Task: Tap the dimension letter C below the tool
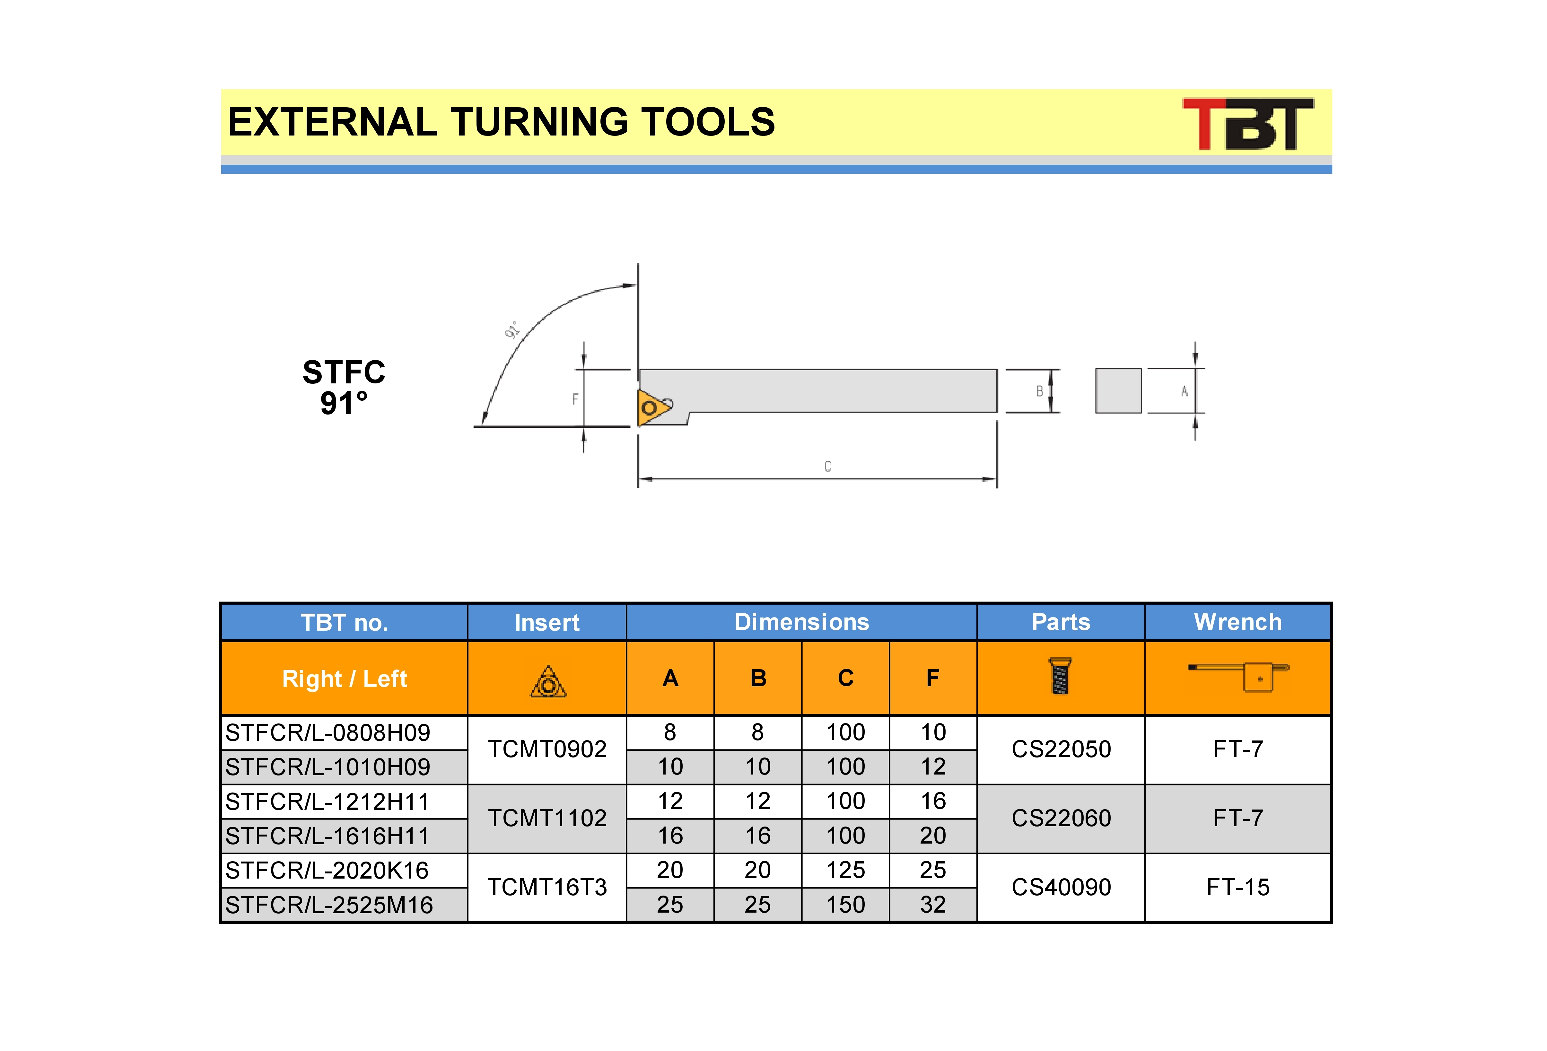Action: (x=827, y=466)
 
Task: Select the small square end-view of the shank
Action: (x=1118, y=391)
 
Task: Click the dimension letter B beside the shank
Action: (x=1040, y=391)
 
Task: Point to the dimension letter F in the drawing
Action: (x=575, y=399)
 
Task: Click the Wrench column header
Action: (x=1237, y=622)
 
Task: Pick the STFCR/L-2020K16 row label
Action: (x=327, y=870)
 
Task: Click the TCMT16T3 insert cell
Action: (x=547, y=887)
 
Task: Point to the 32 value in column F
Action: (x=933, y=904)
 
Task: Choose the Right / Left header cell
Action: (x=344, y=678)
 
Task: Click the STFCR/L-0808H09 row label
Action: (x=328, y=732)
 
